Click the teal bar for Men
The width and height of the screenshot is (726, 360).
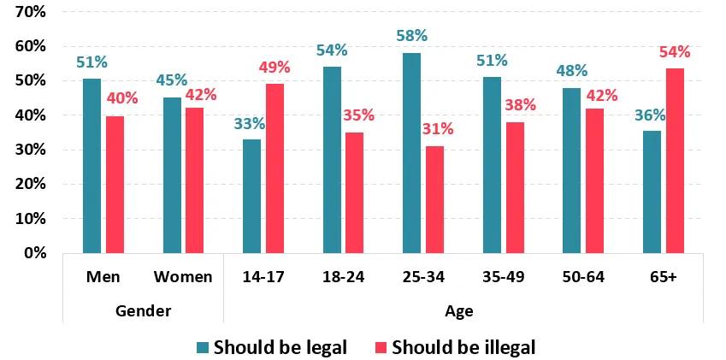pyautogui.click(x=91, y=166)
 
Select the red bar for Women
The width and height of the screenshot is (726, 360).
pyautogui.click(x=194, y=180)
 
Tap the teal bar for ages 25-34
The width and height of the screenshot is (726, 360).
pyautogui.click(x=411, y=153)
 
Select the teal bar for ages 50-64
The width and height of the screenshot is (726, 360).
pyautogui.click(x=571, y=170)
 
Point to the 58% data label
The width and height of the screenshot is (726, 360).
pyautogui.click(x=411, y=36)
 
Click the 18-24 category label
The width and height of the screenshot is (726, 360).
pyautogui.click(x=344, y=278)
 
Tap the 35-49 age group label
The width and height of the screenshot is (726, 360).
pyautogui.click(x=504, y=278)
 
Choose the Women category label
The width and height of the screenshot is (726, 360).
pyautogui.click(x=183, y=278)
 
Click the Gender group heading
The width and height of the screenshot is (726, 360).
pyautogui.click(x=143, y=310)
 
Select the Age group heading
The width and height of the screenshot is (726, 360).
pyautogui.click(x=458, y=310)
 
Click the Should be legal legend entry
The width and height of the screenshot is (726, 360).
pyautogui.click(x=271, y=347)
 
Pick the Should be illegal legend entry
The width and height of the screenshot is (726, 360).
pyautogui.click(x=454, y=347)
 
